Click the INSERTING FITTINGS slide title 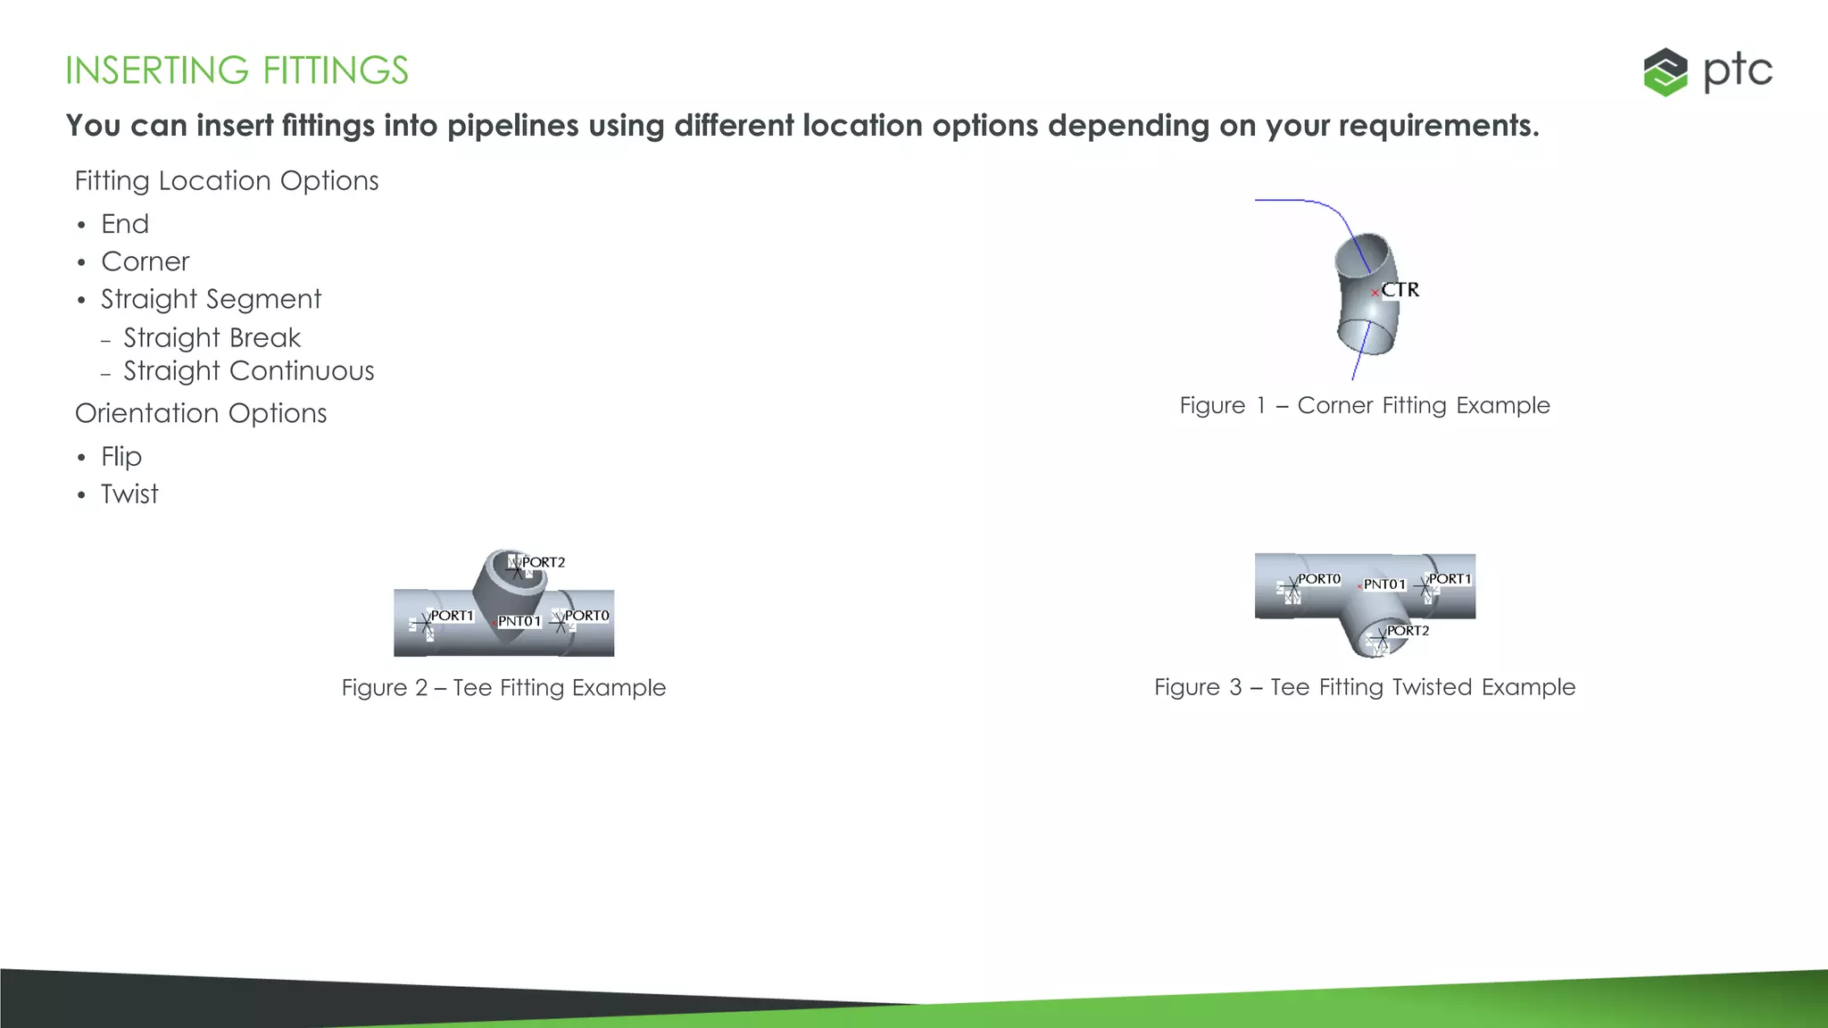coord(237,70)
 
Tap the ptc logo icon coord(1666,71)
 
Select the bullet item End coord(125,224)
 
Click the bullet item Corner coord(145,261)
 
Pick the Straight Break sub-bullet coord(212,338)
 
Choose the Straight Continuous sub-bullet coord(248,371)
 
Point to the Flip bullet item coord(121,457)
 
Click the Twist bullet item coord(129,494)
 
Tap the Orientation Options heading coord(201,413)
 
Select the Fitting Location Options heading coord(227,181)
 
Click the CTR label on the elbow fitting coord(1400,290)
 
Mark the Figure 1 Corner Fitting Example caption coord(1365,405)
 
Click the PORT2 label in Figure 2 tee coord(543,562)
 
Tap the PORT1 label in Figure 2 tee coord(452,616)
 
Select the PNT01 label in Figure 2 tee coord(519,621)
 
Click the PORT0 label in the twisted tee coord(1318,579)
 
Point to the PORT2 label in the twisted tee coord(1408,631)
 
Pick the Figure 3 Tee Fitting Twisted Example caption coord(1365,687)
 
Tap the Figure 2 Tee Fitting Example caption coord(503,688)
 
